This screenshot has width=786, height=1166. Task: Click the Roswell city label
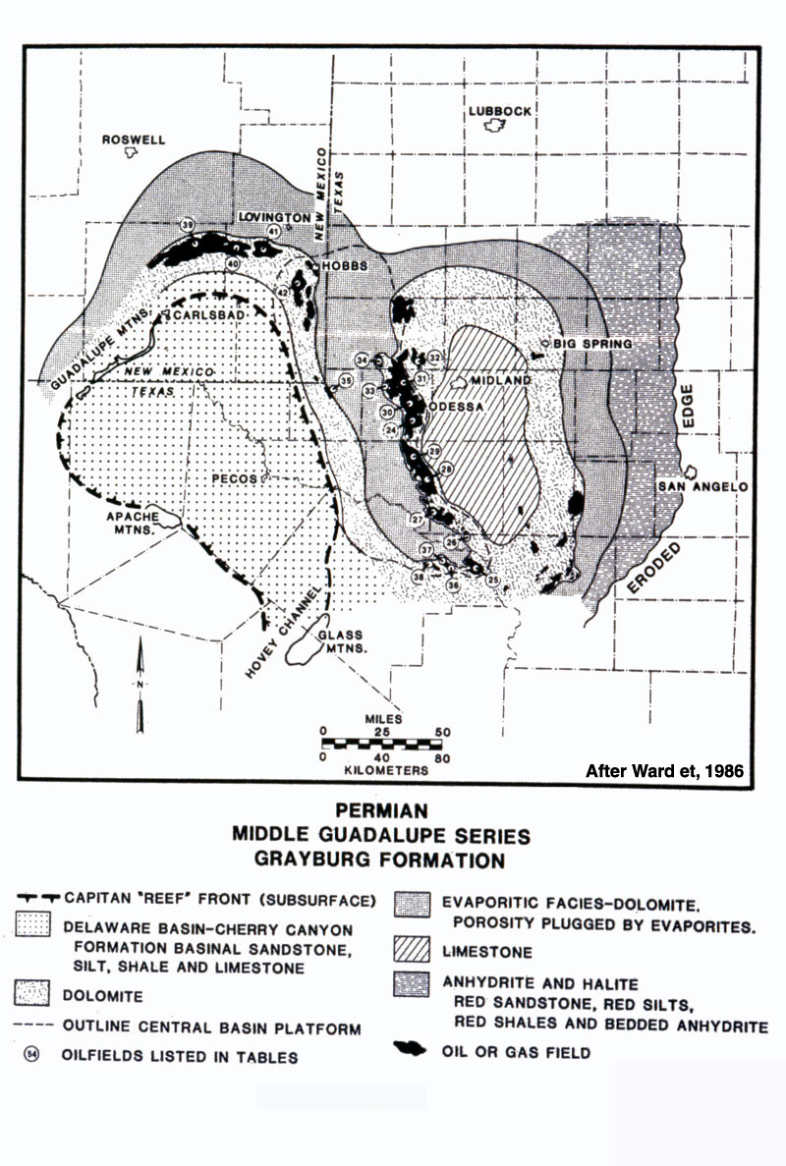pyautogui.click(x=134, y=140)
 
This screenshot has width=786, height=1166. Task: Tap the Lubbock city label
pyautogui.click(x=499, y=111)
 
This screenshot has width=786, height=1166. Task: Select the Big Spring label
pyautogui.click(x=592, y=343)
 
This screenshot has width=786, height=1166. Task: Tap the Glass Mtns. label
pyautogui.click(x=343, y=642)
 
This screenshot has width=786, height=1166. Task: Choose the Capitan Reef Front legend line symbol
pyautogui.click(x=38, y=897)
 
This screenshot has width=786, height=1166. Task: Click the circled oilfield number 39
pyautogui.click(x=187, y=227)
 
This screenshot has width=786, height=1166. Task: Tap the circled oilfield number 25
pyautogui.click(x=492, y=581)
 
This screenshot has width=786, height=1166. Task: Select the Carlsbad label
pyautogui.click(x=205, y=318)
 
